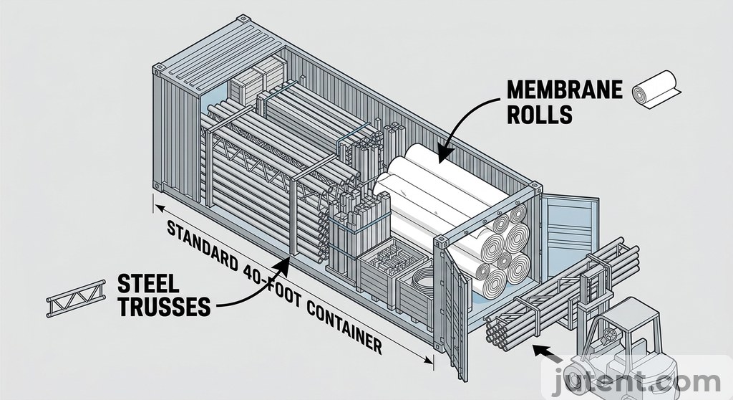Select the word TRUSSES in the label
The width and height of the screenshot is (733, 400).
(162, 307)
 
